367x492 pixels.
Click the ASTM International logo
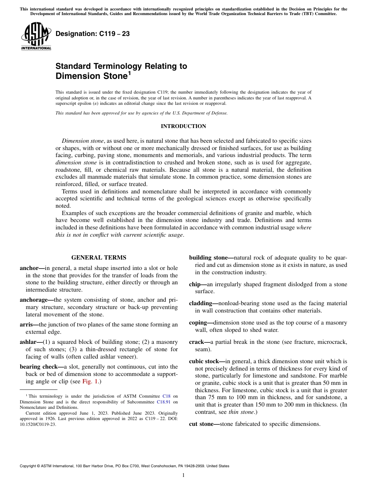pyautogui.click(x=36, y=36)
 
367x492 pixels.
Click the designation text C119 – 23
pyautogui.click(x=93, y=34)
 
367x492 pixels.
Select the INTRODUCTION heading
pyautogui.click(x=183, y=126)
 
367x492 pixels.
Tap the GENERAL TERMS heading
pyautogui.click(x=99, y=258)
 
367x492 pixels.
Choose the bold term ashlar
pyautogui.click(x=29, y=342)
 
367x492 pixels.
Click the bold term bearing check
pyautogui.click(x=40, y=367)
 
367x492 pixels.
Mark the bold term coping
pyautogui.click(x=199, y=323)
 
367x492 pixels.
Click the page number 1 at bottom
pyautogui.click(x=183, y=475)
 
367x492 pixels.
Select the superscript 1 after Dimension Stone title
pyautogui.click(x=129, y=73)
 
